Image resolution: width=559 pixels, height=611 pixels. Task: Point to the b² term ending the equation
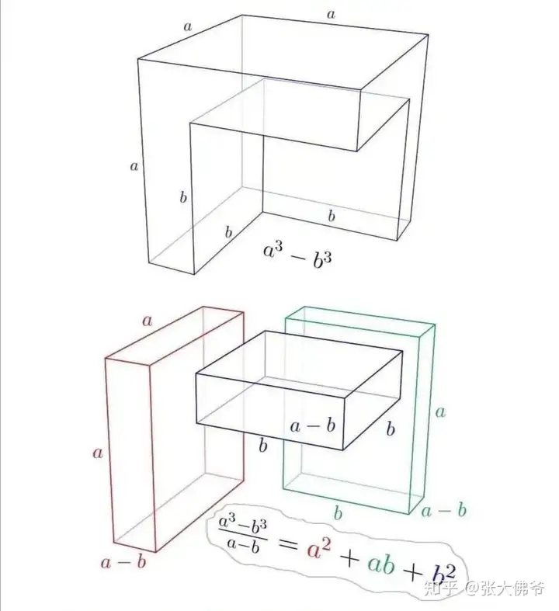(x=443, y=575)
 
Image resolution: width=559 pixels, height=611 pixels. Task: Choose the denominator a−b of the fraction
(x=243, y=547)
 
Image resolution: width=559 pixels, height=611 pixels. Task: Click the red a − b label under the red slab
(x=123, y=561)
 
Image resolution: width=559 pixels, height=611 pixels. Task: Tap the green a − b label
(x=443, y=510)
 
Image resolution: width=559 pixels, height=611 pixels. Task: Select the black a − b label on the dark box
(x=312, y=425)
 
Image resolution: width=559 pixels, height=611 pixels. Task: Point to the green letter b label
(x=339, y=513)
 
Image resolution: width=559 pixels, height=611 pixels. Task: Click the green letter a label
(x=440, y=412)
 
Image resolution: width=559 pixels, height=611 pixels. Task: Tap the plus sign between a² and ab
(x=349, y=559)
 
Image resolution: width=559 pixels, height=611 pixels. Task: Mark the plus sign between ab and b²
(x=413, y=572)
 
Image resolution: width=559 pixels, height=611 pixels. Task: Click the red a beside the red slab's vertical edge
(x=98, y=453)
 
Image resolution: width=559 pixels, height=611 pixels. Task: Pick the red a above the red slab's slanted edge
(x=147, y=321)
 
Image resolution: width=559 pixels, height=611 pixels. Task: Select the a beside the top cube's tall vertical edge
(x=134, y=166)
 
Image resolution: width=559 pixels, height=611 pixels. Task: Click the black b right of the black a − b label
(x=391, y=429)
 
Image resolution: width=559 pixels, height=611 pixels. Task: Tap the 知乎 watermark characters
(x=440, y=588)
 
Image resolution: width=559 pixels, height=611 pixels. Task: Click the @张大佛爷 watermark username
(x=505, y=588)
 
